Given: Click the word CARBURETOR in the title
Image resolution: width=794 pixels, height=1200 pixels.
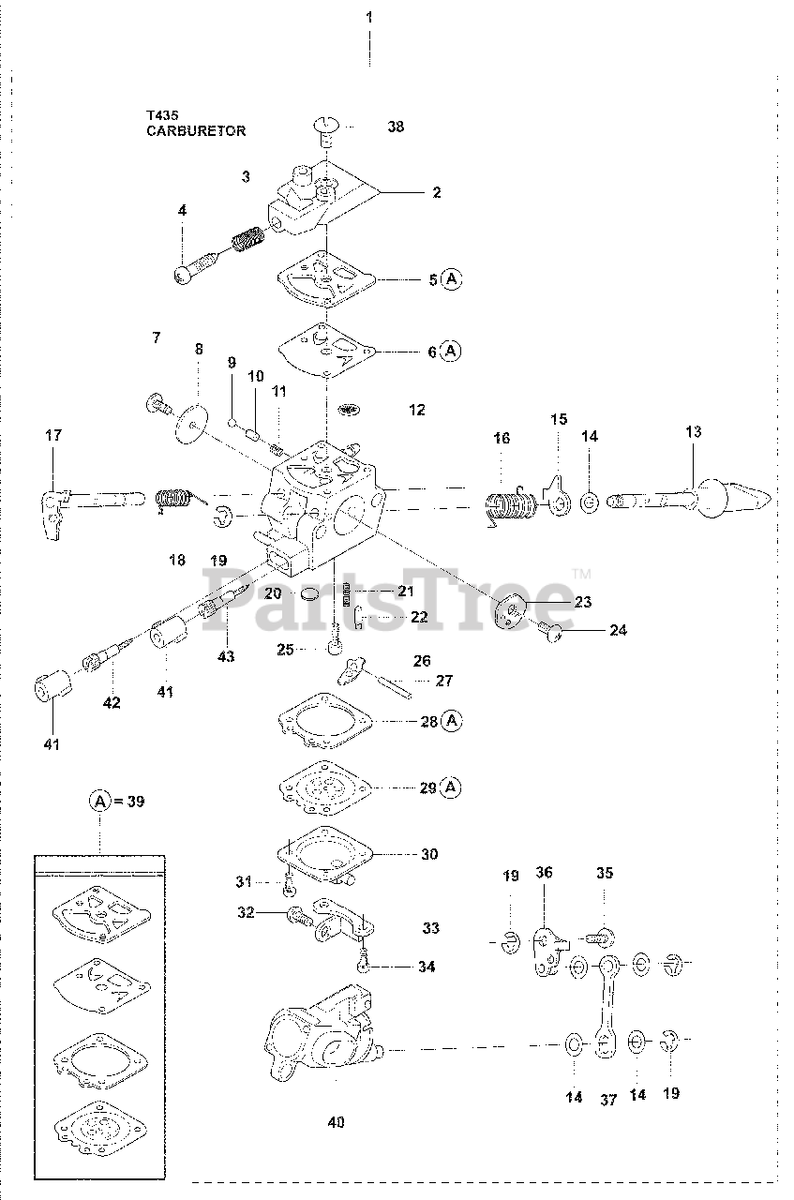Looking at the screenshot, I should point(196,131).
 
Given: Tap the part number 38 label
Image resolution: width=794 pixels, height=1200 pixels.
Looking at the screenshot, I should point(396,127).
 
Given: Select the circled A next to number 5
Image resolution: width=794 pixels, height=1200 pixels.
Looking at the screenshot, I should point(453,278).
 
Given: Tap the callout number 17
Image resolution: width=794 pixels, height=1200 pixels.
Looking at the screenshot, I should point(52,435).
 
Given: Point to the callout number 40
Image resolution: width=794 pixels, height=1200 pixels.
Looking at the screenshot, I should point(337,1122).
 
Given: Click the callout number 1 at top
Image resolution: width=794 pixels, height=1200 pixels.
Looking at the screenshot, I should point(369,17).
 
